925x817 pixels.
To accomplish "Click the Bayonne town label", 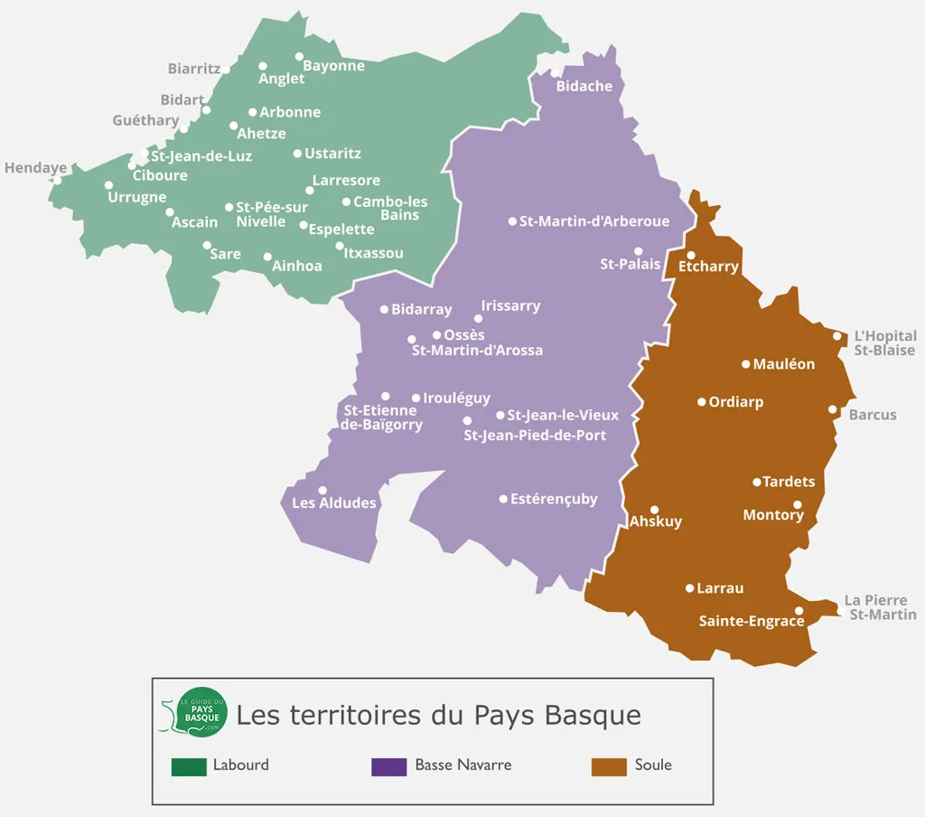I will coord(333,66).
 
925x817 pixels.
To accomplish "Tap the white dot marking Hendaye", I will coord(57,180).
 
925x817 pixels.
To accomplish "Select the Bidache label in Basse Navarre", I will coord(584,87).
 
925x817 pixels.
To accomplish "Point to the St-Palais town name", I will coord(631,265).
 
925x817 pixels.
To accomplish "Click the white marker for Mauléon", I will coord(746,364).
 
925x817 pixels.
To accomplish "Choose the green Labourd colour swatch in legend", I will coord(189,766).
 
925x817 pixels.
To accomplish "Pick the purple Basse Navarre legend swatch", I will coord(388,766).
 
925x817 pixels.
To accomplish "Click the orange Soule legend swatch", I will coord(609,766).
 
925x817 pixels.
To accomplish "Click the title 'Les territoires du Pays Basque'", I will coord(438,715).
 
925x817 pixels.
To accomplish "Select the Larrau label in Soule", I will coord(720,588).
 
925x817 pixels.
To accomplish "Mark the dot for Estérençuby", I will coord(503,499).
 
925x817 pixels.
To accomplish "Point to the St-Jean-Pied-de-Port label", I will coord(535,436).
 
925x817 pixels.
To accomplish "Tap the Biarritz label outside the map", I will coord(194,69).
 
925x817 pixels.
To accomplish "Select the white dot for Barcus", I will coord(833,409).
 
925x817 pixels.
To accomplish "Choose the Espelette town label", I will coord(341,230).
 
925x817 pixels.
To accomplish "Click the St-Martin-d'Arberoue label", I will coord(594,221).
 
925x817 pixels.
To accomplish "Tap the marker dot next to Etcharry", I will coord(691,255).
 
